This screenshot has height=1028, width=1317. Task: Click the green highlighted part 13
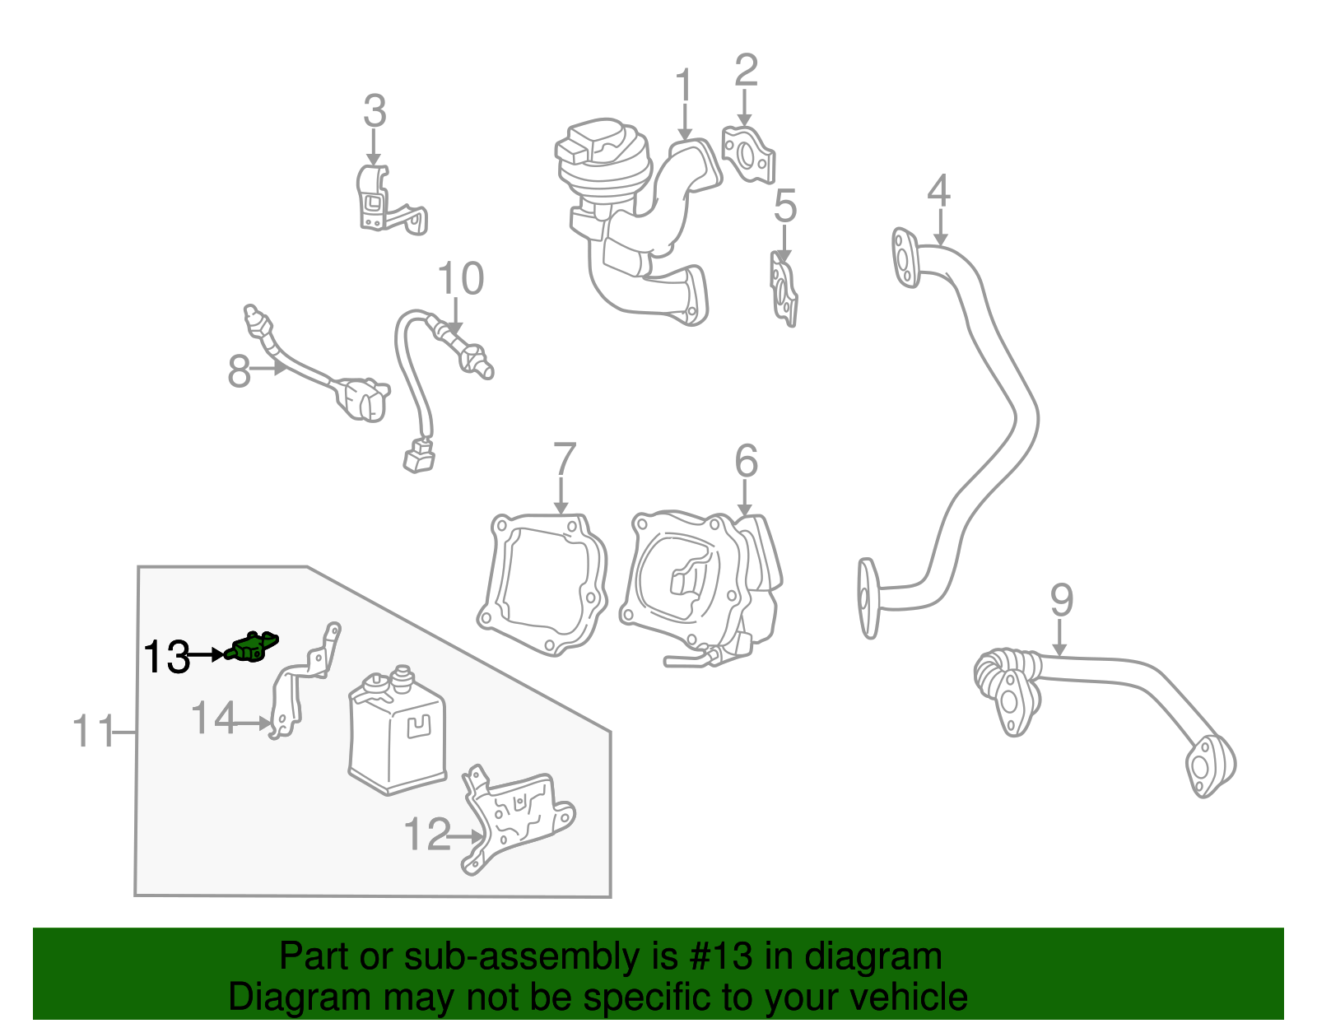(x=252, y=648)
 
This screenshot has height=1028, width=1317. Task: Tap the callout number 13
(x=166, y=657)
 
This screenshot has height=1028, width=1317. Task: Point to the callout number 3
(x=375, y=111)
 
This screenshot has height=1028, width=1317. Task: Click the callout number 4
(x=938, y=191)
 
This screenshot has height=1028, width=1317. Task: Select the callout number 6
(x=746, y=461)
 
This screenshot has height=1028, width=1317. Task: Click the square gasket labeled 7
(x=543, y=584)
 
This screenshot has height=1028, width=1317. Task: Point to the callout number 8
(x=239, y=371)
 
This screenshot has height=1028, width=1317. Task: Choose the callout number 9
(x=1061, y=600)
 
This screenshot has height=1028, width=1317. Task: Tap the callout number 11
(x=93, y=731)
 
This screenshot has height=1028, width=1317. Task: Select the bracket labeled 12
(x=519, y=819)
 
